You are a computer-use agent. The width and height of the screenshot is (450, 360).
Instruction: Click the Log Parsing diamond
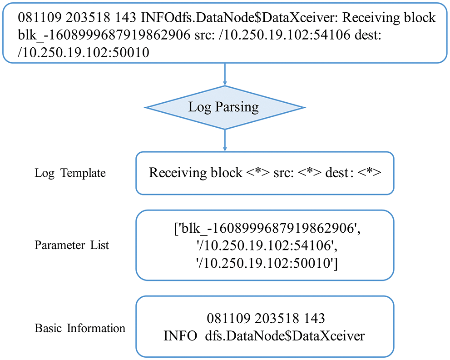(225, 108)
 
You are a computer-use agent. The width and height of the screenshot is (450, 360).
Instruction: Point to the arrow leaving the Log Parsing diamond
(225, 140)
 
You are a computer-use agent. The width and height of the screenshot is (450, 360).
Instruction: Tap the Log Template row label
(70, 173)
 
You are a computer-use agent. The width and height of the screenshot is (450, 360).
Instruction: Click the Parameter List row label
(72, 245)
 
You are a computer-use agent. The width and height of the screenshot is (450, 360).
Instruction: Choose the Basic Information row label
(79, 328)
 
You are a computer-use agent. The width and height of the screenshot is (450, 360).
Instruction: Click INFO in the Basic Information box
(180, 336)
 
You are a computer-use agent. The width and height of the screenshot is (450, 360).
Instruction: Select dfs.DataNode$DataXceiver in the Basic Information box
(284, 336)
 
